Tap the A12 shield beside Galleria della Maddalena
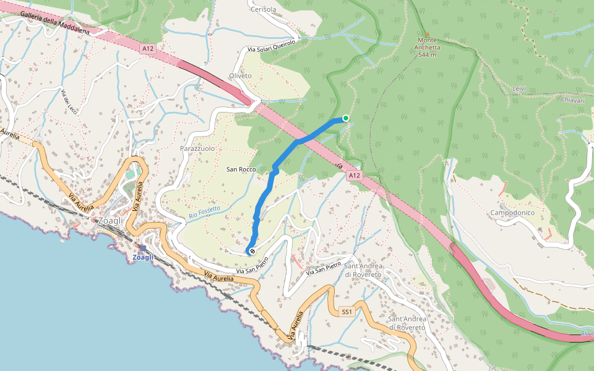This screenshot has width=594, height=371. (147, 48)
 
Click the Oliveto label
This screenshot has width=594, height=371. (241, 75)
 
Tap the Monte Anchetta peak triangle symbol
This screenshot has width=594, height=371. (427, 33)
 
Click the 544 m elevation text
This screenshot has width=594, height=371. (427, 54)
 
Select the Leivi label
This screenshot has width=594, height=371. (519, 88)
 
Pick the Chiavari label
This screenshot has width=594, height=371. (573, 100)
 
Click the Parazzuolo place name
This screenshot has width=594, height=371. (197, 149)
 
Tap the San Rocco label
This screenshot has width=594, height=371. (241, 169)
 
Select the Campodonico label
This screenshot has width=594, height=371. (513, 213)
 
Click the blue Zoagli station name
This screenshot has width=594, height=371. (143, 257)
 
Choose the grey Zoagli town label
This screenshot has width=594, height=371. (110, 220)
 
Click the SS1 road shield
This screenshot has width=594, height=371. (346, 312)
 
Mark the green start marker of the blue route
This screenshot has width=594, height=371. (346, 118)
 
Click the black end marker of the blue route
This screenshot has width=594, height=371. (252, 251)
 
